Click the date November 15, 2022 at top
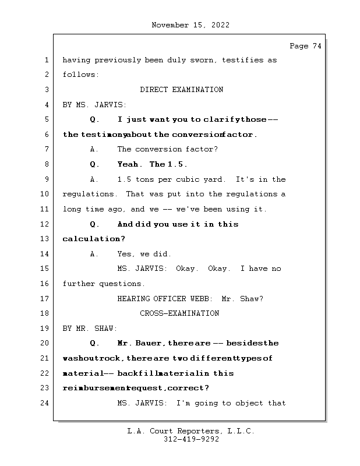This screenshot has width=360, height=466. pos(190,25)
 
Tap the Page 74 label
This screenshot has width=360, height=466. pos(305,46)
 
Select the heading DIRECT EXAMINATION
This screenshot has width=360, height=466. pos(181,90)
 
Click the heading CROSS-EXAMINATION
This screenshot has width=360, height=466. pos(179,313)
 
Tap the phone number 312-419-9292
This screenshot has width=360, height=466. pos(191,440)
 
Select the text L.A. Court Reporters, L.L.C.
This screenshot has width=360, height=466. pos(191,431)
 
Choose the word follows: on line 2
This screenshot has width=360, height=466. pos(80,75)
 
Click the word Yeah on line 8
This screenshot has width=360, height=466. pos(129,164)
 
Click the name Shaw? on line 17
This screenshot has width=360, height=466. pos(252,299)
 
